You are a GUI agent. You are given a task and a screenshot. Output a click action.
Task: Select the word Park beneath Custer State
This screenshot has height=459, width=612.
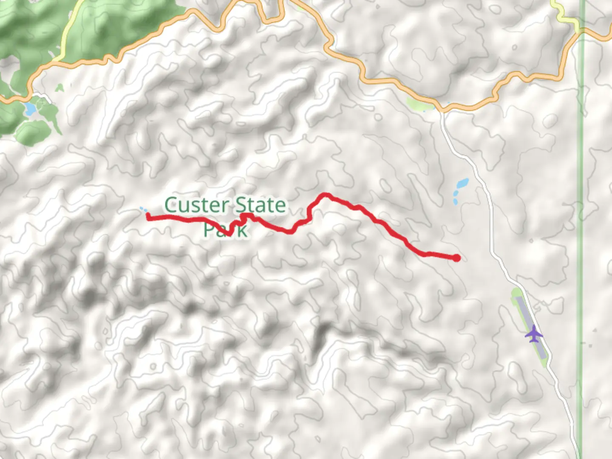(225, 230)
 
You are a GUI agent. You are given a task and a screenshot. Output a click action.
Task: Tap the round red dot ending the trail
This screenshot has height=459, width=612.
(456, 258)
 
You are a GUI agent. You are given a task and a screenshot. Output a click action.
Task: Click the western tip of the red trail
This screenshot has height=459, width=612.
(148, 217)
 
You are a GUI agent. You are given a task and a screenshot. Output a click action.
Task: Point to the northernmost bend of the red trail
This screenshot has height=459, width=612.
(326, 195)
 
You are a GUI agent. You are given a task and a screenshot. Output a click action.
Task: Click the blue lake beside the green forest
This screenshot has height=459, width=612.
(30, 109)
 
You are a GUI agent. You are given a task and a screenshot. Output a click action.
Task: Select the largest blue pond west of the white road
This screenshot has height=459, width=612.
(462, 184)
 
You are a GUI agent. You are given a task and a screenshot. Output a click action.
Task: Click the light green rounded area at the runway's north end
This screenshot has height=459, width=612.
(515, 293)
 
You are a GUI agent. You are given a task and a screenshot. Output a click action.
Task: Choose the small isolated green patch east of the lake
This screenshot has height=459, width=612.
(60, 88)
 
